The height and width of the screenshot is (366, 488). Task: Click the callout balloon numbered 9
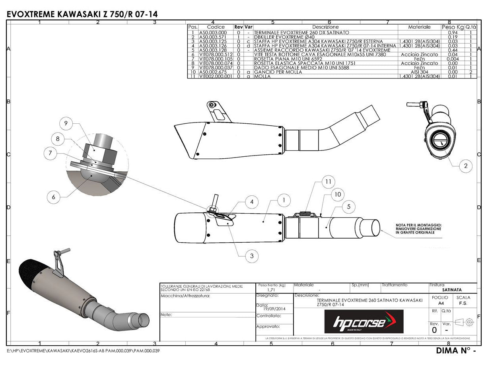coord(66,124)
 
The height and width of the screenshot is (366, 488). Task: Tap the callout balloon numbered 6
coord(53,197)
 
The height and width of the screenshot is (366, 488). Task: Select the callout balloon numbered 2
coord(466,166)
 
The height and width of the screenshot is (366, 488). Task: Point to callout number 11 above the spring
coord(328,181)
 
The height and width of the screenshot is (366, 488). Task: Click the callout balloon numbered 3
coord(252,256)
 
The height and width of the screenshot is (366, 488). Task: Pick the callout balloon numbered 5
coord(348,206)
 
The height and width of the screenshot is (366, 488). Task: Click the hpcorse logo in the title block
coord(364,322)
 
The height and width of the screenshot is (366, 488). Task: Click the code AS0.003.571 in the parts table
coord(213,37)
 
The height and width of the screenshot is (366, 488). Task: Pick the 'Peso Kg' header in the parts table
coord(453,27)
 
